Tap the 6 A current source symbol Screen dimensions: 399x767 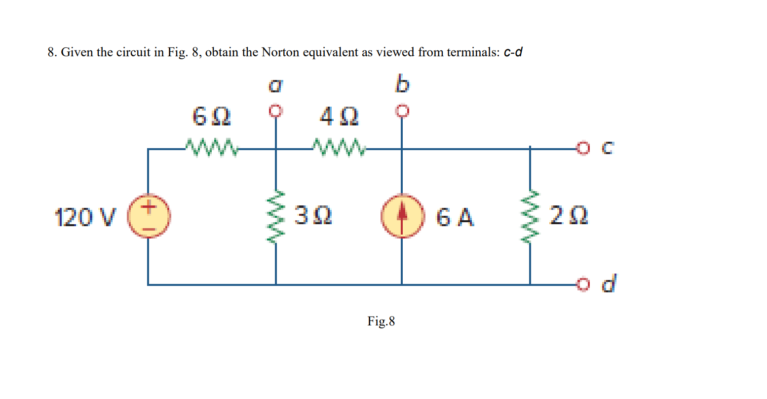pos(402,216)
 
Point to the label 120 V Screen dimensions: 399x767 pos(85,217)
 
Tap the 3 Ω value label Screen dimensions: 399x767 pos(313,216)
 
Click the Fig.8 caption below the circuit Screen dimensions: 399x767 pos(381,321)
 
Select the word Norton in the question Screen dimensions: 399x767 pos(280,52)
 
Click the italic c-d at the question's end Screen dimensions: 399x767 pos(513,52)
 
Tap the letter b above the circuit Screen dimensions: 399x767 pos(402,84)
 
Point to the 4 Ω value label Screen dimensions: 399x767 pos(339,118)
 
